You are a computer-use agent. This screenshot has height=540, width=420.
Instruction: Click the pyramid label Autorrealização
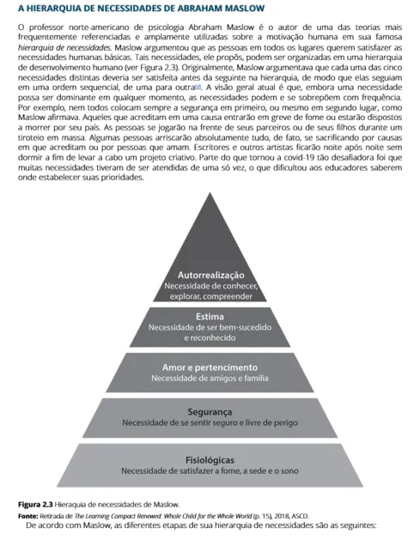point(210,274)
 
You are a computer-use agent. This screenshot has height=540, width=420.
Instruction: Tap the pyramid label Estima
point(210,316)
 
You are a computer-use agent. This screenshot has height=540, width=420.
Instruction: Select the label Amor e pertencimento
point(210,367)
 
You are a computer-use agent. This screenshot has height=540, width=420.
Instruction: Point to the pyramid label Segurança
point(210,411)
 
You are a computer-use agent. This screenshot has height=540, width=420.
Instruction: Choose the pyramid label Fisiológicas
point(210,459)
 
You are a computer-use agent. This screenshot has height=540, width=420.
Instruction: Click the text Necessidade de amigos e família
point(210,379)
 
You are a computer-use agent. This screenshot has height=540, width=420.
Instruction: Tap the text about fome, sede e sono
point(210,470)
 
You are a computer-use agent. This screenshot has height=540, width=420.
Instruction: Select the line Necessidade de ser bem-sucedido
point(210,327)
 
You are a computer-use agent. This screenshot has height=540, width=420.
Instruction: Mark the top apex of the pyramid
point(210,194)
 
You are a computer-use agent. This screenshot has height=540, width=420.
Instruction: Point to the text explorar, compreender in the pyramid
point(210,296)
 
